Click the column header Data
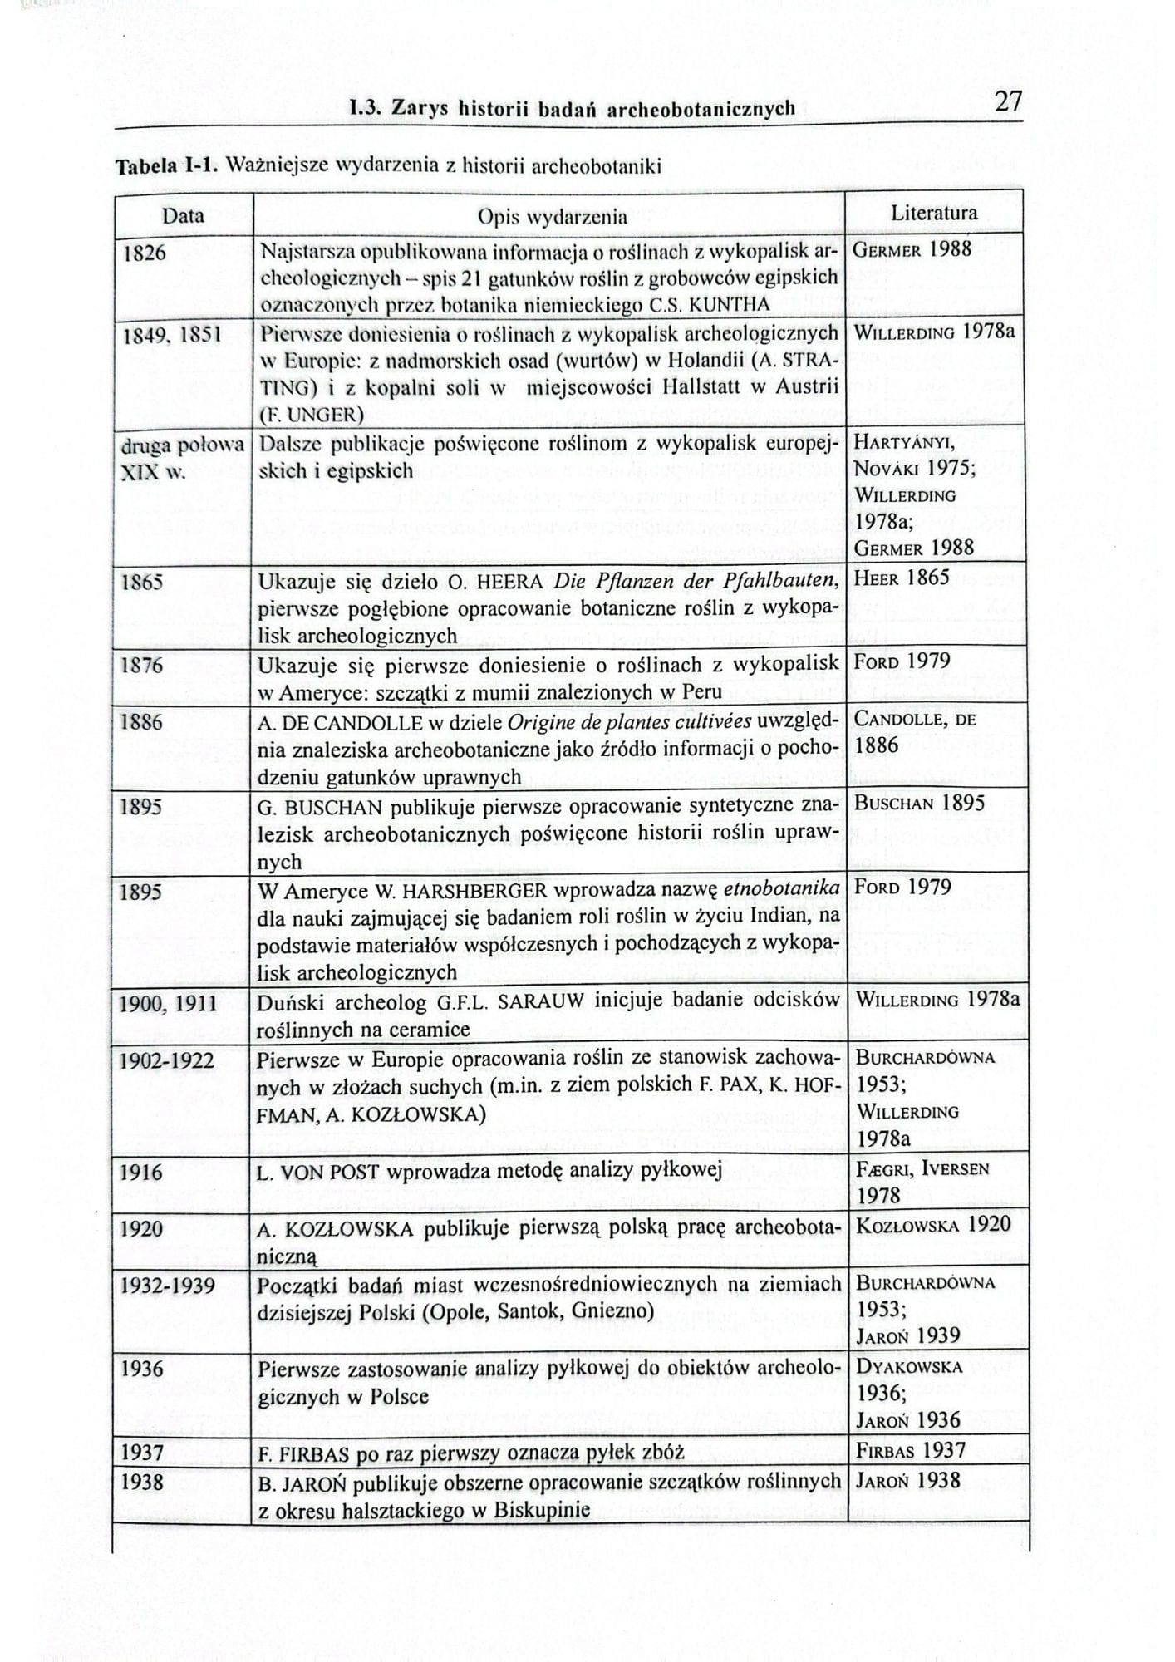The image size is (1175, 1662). click(x=183, y=215)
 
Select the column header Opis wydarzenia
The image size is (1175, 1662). click(x=552, y=218)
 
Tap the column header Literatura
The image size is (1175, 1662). click(x=934, y=213)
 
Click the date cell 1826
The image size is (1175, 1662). click(x=144, y=253)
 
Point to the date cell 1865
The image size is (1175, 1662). click(x=141, y=582)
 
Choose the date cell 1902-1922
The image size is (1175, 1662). click(x=167, y=1061)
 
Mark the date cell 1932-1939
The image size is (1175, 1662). click(x=168, y=1286)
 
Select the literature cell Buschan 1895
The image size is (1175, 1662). click(x=920, y=804)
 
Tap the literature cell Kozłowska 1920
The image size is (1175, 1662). click(x=933, y=1224)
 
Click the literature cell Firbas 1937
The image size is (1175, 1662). click(x=911, y=1451)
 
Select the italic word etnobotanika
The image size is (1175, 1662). click(x=782, y=888)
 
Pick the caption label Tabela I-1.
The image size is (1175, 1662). click(x=166, y=166)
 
